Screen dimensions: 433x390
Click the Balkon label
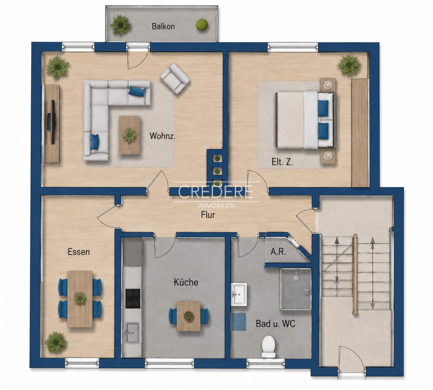[x=163, y=26]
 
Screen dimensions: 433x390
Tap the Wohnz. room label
[x=162, y=136]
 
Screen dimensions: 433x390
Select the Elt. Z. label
[x=282, y=162]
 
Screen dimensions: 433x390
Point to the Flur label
[x=208, y=215]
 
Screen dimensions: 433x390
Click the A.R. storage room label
[x=278, y=252]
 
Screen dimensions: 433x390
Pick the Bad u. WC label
[x=275, y=324]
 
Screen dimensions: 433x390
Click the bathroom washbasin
[x=239, y=295]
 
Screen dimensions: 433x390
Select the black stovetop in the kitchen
[x=133, y=296]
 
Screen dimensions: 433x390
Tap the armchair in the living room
[x=175, y=78]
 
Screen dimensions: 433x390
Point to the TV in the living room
[x=52, y=122]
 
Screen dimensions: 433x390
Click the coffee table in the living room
[x=129, y=135]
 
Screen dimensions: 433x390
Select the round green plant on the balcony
[x=202, y=25]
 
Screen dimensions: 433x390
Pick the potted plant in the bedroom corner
[x=349, y=65]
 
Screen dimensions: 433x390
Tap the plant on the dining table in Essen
[x=80, y=298]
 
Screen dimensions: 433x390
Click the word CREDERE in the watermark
[x=215, y=192]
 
